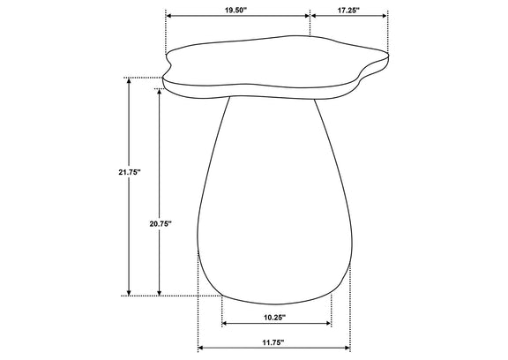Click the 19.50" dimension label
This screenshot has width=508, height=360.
(x=235, y=10)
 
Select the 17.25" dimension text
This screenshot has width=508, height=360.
(x=348, y=10)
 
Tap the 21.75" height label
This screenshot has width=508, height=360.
(x=129, y=172)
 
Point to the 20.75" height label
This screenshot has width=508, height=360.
(x=160, y=223)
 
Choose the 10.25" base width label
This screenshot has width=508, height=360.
(x=275, y=318)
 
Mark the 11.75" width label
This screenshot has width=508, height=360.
(x=273, y=341)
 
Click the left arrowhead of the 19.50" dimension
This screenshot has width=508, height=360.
(x=168, y=16)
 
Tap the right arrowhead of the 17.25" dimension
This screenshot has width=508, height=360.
(x=385, y=16)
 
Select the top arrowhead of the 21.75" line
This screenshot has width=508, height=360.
(x=129, y=80)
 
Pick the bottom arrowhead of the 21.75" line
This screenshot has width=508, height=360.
(x=129, y=293)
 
